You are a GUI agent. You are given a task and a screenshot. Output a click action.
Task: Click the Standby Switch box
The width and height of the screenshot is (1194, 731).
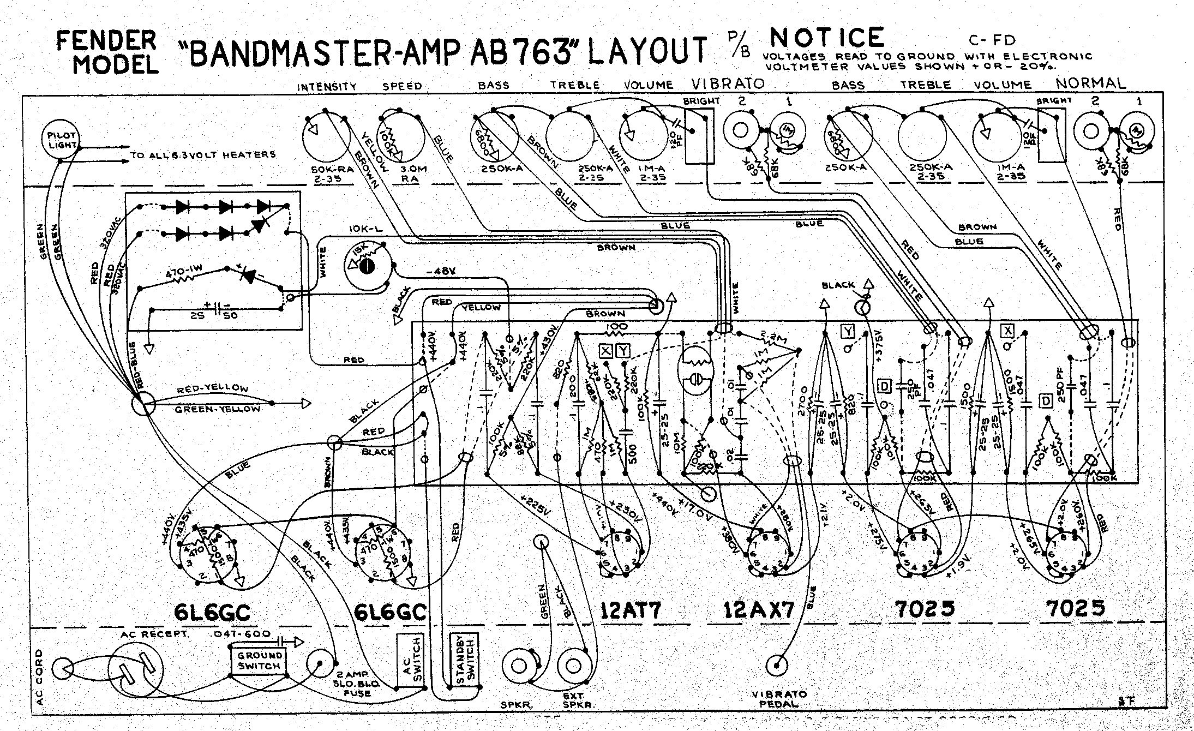[x=463, y=661]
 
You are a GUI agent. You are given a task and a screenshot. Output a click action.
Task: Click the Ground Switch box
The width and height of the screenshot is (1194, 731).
[x=260, y=661]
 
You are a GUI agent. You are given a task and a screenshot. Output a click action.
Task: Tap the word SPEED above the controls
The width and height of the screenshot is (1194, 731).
[x=402, y=86]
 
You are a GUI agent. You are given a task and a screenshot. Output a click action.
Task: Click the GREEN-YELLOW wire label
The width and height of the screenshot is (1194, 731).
[x=217, y=409]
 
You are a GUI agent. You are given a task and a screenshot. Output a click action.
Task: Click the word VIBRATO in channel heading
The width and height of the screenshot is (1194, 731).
[x=728, y=83]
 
